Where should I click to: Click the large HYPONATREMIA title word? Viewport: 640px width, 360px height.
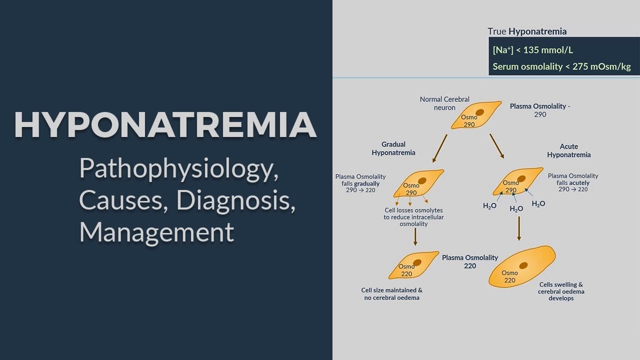[165, 125]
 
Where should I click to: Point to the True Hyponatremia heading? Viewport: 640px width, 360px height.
[527, 31]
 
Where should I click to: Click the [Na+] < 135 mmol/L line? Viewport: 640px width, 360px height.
[532, 50]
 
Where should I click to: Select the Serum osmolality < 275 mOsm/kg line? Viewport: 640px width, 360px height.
[561, 66]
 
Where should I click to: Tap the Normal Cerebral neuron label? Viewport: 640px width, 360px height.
[444, 103]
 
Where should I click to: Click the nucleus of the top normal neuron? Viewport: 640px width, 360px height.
[479, 113]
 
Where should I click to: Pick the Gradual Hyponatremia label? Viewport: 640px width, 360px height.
[393, 148]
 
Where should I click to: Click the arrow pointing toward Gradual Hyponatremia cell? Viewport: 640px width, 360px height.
[440, 148]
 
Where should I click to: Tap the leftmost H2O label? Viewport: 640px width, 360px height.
[489, 205]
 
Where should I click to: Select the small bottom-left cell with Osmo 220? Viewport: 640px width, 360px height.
[413, 265]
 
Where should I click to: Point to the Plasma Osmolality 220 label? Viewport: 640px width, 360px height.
[469, 261]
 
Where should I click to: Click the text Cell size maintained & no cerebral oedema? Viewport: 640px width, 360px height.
[391, 294]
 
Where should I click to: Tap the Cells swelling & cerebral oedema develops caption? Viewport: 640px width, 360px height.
[561, 291]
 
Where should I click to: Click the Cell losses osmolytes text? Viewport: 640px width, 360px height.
[413, 217]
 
